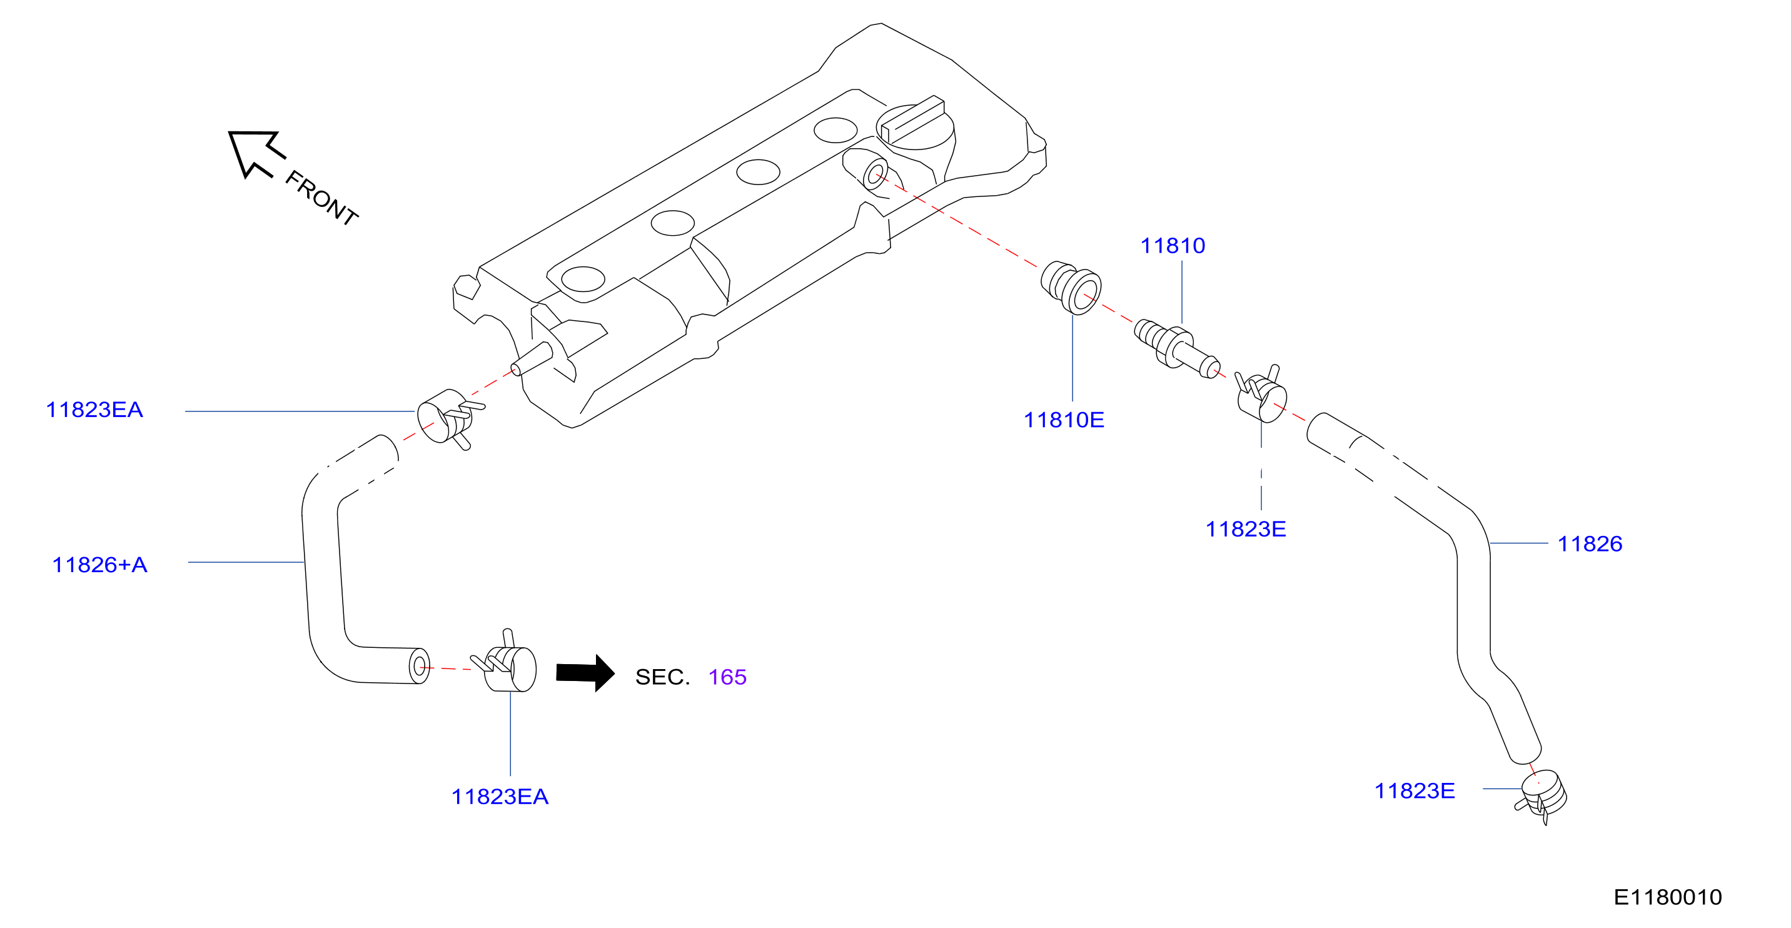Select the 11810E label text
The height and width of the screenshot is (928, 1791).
click(x=1064, y=420)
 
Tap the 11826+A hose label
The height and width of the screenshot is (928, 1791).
click(x=99, y=565)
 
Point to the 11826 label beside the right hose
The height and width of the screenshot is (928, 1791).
click(x=1590, y=543)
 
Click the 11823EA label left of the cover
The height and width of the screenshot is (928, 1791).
click(x=94, y=410)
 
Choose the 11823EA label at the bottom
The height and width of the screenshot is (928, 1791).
click(x=500, y=797)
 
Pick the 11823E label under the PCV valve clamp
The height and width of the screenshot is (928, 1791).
click(x=1245, y=529)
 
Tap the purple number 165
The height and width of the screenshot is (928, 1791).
click(x=727, y=677)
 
